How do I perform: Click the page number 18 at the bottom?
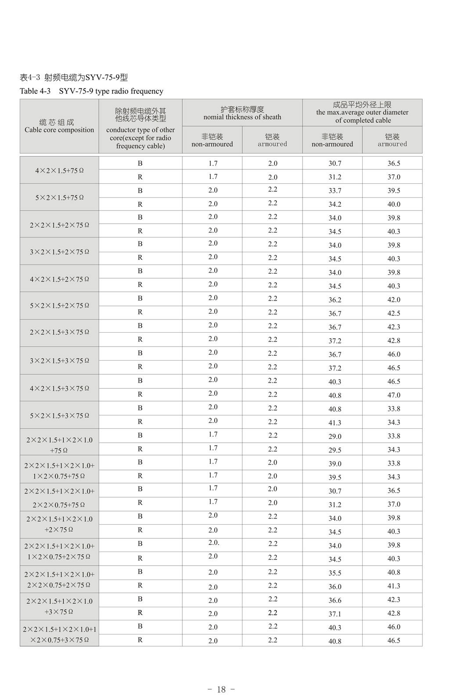coord(221,689)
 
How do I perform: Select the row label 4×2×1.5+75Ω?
coord(59,170)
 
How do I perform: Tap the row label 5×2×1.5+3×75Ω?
coord(59,415)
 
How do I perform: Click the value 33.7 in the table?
coord(335,191)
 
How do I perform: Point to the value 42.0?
coord(393,300)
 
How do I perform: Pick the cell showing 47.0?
coord(393,395)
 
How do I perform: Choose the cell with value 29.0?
coord(335,437)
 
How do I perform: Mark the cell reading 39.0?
coord(335,464)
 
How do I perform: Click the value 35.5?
coord(335,573)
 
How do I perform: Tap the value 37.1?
coord(335,614)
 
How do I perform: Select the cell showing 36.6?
coord(335,600)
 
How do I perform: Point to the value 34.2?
coord(335,204)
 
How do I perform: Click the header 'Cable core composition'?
coord(59,130)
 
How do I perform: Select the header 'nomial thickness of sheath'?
coord(242,117)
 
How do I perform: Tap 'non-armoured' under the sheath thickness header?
coord(212,144)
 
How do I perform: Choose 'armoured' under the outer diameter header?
coord(392,144)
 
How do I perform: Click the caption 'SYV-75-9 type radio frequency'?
coord(111,91)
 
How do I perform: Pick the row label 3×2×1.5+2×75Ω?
coord(59,252)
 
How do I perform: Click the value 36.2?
coord(335,300)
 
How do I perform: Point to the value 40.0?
coord(393,204)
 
